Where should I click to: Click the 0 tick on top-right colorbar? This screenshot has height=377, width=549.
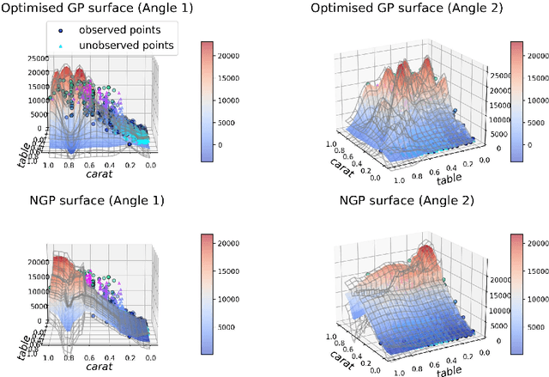541,145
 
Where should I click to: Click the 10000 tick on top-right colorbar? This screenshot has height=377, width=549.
545,96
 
